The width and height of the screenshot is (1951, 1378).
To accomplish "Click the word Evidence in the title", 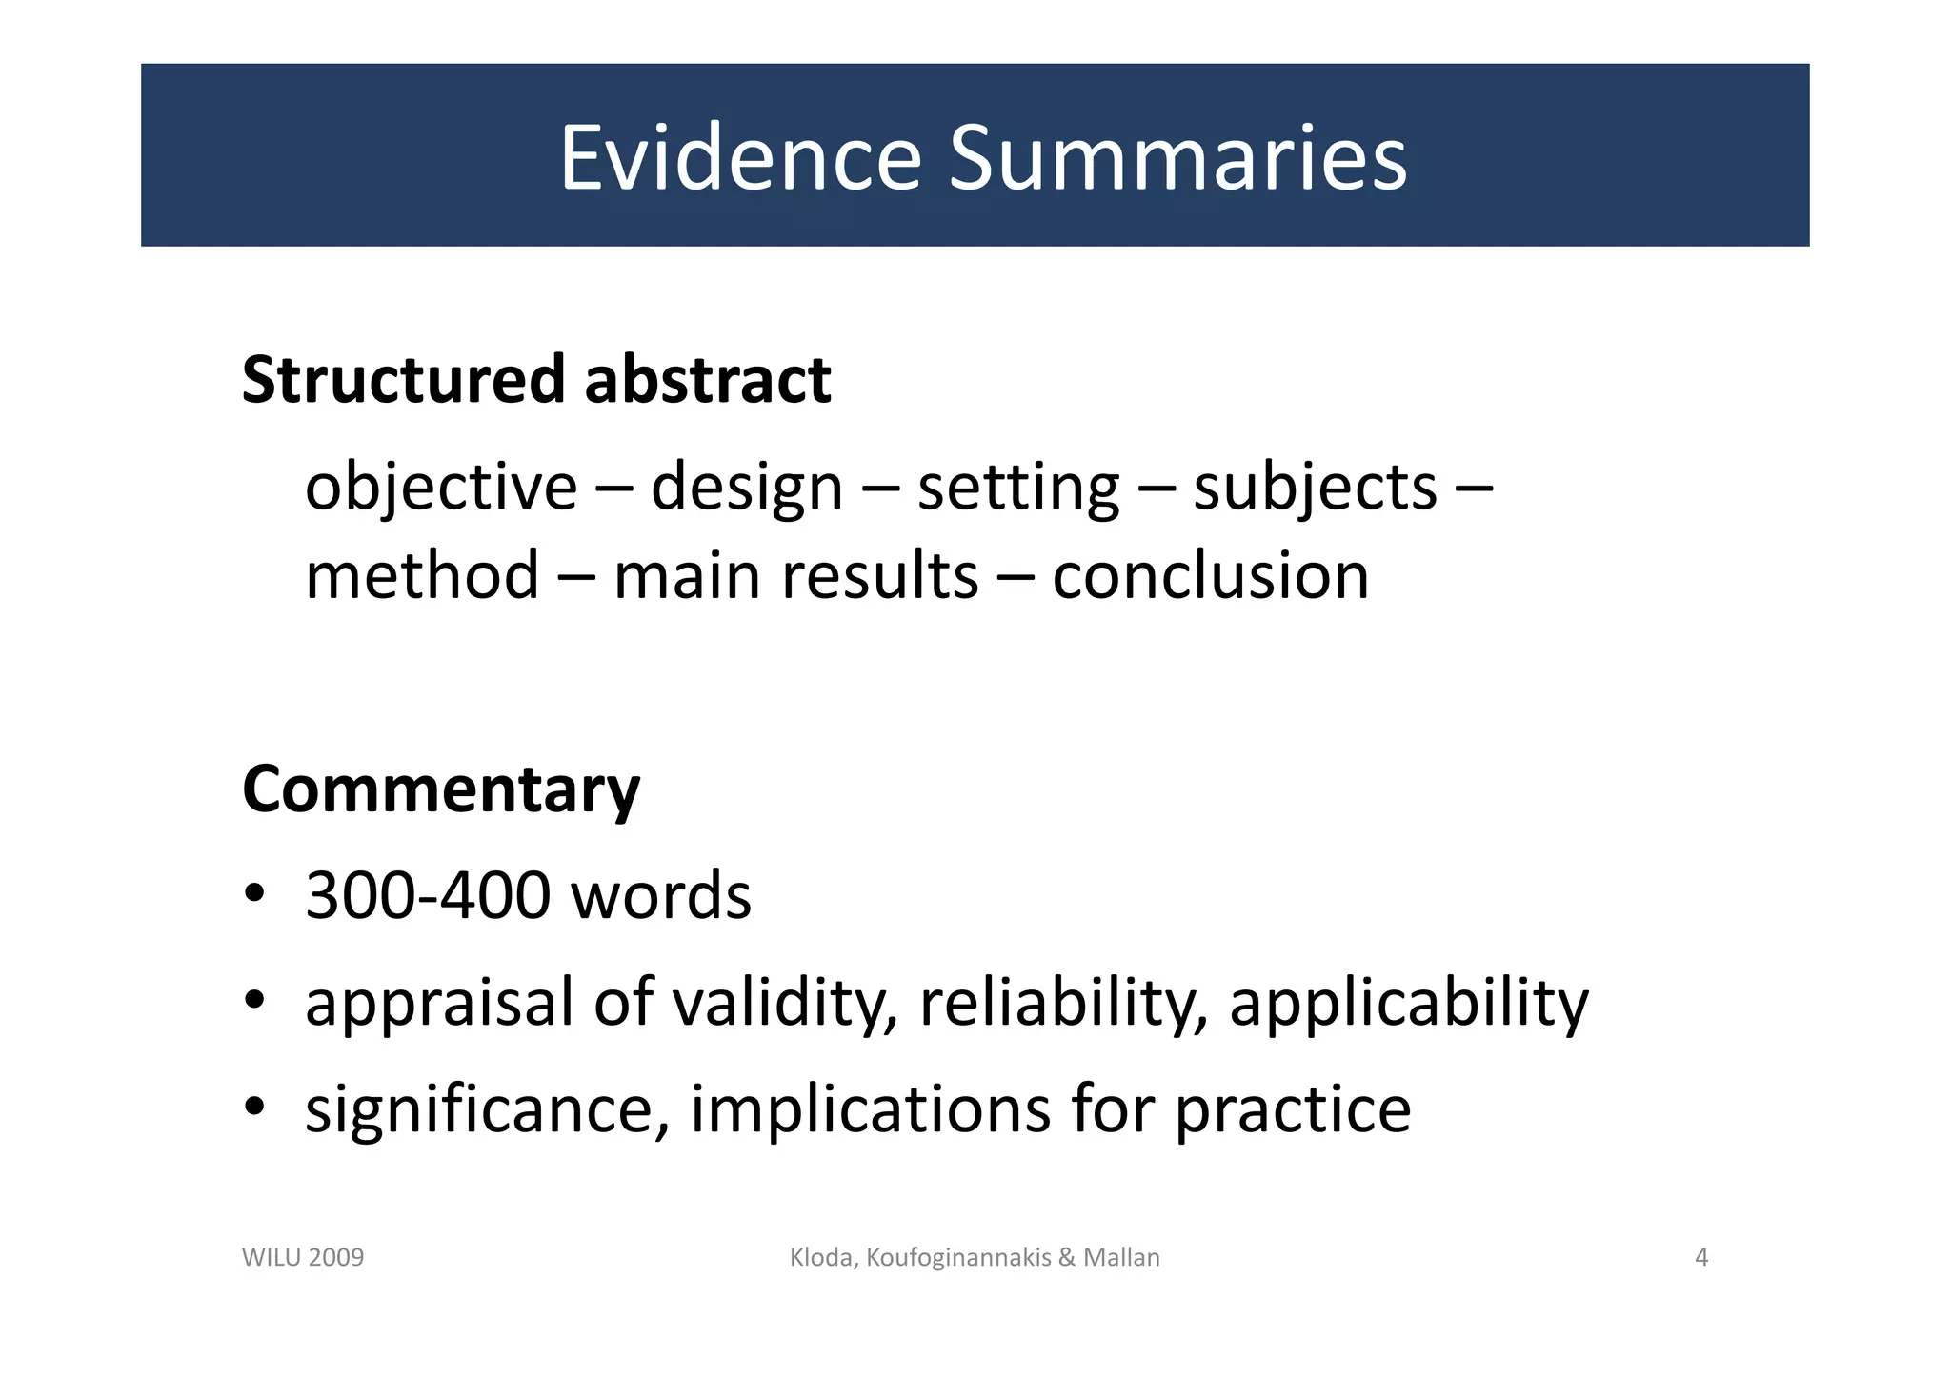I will click(x=740, y=157).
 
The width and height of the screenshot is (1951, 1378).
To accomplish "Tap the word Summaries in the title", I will click(x=1177, y=157).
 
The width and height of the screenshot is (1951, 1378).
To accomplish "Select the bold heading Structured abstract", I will click(x=536, y=379).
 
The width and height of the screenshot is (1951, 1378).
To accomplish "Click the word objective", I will click(x=441, y=489).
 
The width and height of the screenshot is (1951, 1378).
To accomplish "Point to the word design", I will click(x=747, y=489).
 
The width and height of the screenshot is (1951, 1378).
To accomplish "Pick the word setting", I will click(x=1017, y=489).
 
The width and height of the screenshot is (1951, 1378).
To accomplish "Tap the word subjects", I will click(x=1315, y=489).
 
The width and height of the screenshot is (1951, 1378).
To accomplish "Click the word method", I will click(x=422, y=576).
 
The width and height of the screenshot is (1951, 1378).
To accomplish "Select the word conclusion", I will click(x=1210, y=576).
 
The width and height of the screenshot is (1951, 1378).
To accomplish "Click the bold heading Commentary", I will click(x=441, y=790).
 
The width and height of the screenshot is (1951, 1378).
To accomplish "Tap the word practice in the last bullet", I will click(x=1292, y=1109).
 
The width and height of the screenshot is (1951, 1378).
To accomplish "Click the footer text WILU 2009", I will click(x=303, y=1257).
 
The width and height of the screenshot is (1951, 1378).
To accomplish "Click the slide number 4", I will click(x=1701, y=1257).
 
